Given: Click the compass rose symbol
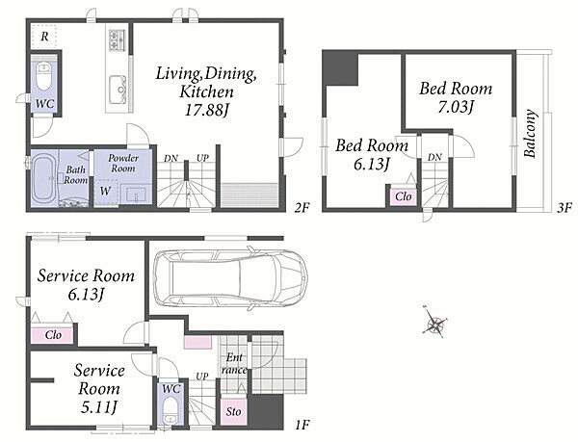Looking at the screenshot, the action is point(435,323).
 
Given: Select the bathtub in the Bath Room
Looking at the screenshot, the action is point(44,180).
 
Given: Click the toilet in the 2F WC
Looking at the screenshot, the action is point(44,77).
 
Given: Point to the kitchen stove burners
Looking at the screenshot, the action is point(118,39).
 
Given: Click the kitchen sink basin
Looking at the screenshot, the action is point(118,90).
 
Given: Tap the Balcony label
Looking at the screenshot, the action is point(530,133).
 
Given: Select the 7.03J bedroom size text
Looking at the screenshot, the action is point(456,107).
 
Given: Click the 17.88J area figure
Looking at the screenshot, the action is point(207,110).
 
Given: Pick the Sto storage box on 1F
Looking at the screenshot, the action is point(233,411).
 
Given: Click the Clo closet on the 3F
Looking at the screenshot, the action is point(403,196).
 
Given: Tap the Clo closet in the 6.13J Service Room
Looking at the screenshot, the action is point(53,335).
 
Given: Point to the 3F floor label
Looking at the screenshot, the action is point(564,208).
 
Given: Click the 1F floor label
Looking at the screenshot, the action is point(302,426).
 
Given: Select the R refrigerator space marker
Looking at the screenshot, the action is point(44,37).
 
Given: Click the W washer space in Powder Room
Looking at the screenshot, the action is point(105,192).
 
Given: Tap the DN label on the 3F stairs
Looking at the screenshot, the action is point(435,157).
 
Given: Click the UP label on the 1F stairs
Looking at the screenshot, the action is point(202,377).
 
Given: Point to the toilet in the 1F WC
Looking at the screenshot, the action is point(171,410).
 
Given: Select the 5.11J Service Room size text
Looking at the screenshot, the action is point(99,407).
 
